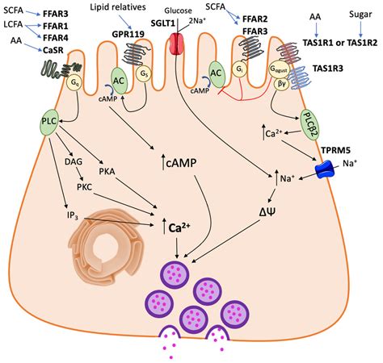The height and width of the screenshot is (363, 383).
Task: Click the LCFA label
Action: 14,26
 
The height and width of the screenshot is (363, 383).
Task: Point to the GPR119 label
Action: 130,36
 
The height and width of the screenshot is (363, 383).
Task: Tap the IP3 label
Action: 70,216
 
